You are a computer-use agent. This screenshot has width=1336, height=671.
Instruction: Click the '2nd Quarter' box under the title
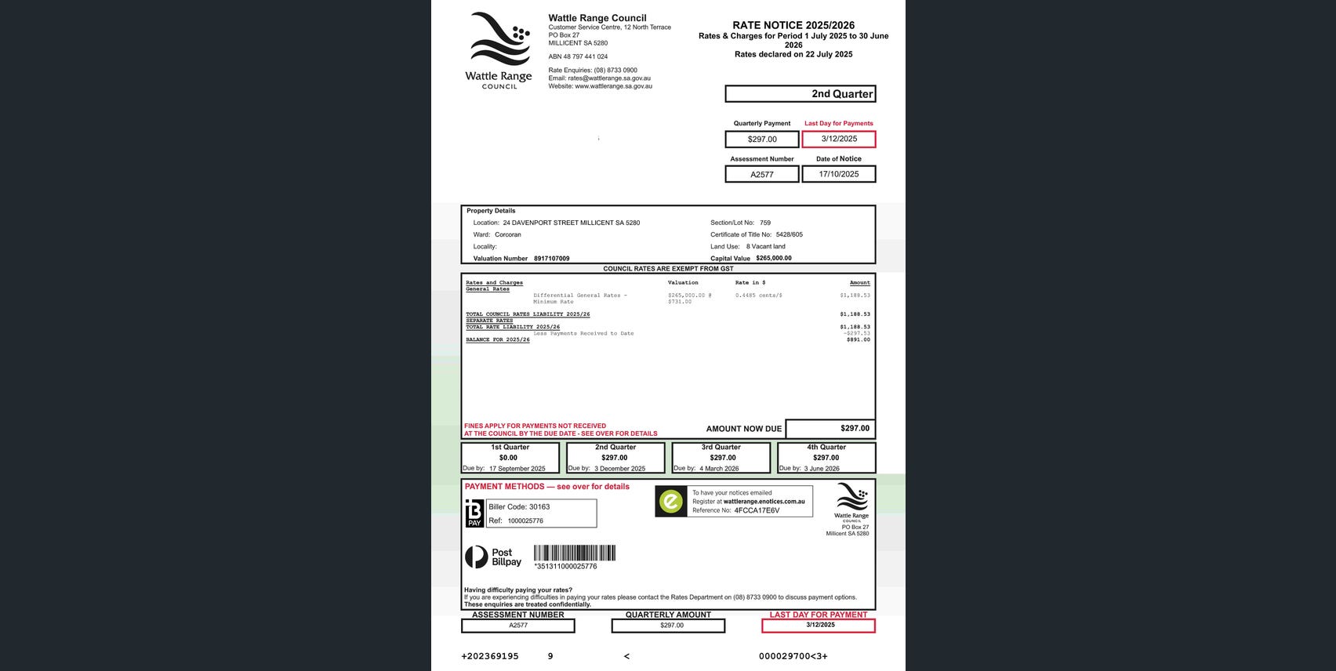point(800,94)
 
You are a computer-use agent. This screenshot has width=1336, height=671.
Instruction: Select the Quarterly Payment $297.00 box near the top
point(761,140)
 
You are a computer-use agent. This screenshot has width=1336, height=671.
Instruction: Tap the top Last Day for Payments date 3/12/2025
point(838,139)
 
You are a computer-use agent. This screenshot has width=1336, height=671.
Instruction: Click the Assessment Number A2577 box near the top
point(761,174)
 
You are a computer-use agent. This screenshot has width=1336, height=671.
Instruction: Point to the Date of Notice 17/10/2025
point(838,174)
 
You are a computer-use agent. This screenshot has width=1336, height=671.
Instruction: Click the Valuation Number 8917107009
point(551,259)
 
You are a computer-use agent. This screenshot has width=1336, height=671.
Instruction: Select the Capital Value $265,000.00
point(773,258)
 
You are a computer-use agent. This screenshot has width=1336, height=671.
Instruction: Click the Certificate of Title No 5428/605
point(789,234)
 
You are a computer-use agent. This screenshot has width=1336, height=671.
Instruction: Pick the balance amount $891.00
point(858,339)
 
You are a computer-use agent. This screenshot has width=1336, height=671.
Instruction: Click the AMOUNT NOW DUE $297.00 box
point(830,429)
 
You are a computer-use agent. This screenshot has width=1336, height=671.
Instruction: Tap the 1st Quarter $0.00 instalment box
point(510,458)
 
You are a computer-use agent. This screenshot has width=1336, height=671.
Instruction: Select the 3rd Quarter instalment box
point(721,458)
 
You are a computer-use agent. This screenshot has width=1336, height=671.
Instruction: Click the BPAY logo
point(474,513)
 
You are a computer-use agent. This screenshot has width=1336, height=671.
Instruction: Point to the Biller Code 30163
point(520,507)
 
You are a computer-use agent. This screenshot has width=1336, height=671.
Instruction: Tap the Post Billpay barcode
point(574,553)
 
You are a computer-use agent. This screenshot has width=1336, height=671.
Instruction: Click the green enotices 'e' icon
point(671,502)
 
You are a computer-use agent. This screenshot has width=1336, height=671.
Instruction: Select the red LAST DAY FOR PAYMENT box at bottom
point(818,626)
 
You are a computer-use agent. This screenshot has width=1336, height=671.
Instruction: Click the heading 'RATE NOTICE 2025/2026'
point(793,25)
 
